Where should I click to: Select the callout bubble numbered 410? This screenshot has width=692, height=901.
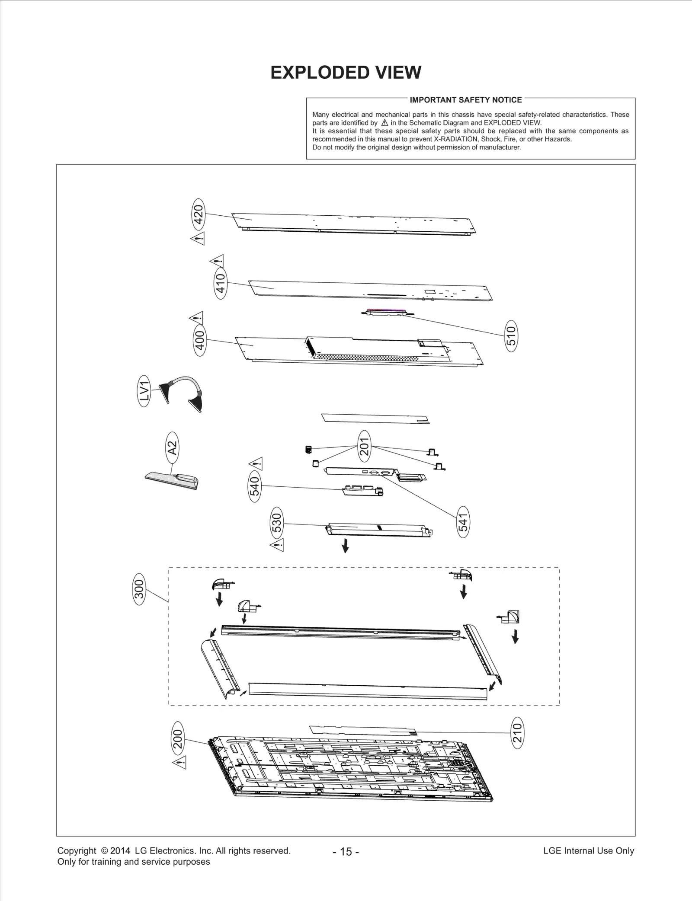pos(221,283)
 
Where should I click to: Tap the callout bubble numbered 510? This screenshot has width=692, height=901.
pos(511,335)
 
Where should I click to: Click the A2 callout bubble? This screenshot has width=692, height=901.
pos(172,447)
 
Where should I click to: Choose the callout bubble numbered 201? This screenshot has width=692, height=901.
pos(365,446)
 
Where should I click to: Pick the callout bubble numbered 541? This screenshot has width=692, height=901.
pos(463,522)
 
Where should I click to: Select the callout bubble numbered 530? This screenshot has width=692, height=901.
pos(277,523)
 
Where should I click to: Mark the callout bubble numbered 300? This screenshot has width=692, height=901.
pos(139,590)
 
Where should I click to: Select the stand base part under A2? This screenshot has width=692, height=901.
pos(171,480)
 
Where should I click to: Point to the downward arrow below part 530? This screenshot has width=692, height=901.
pos(345,547)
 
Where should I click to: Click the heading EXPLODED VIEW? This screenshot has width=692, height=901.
pos(346,73)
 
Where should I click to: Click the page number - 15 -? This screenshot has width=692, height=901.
pos(346,851)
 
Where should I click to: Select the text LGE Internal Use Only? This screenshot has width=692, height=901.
pos(588,850)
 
